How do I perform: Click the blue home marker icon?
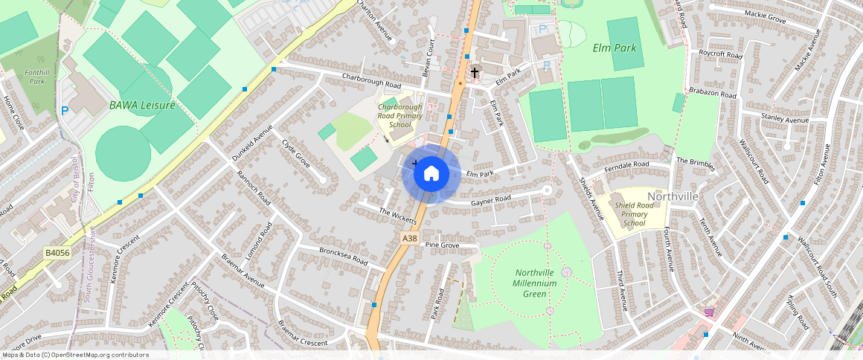(431, 174)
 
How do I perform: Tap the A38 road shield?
(409, 238)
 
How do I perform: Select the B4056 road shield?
(57, 253)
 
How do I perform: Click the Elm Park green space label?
(615, 48)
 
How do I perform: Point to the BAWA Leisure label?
(142, 105)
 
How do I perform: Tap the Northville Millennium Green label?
(535, 283)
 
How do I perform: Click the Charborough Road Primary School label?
(400, 116)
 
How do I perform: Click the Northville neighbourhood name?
(673, 196)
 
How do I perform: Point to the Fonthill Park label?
(35, 77)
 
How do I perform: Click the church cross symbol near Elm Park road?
(474, 72)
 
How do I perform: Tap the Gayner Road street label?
(491, 199)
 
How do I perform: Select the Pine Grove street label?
(442, 245)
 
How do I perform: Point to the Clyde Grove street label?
(295, 152)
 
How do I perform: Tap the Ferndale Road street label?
(627, 164)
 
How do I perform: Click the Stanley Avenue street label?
(785, 119)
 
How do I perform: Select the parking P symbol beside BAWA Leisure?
(65, 111)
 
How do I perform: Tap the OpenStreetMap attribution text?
(76, 355)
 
